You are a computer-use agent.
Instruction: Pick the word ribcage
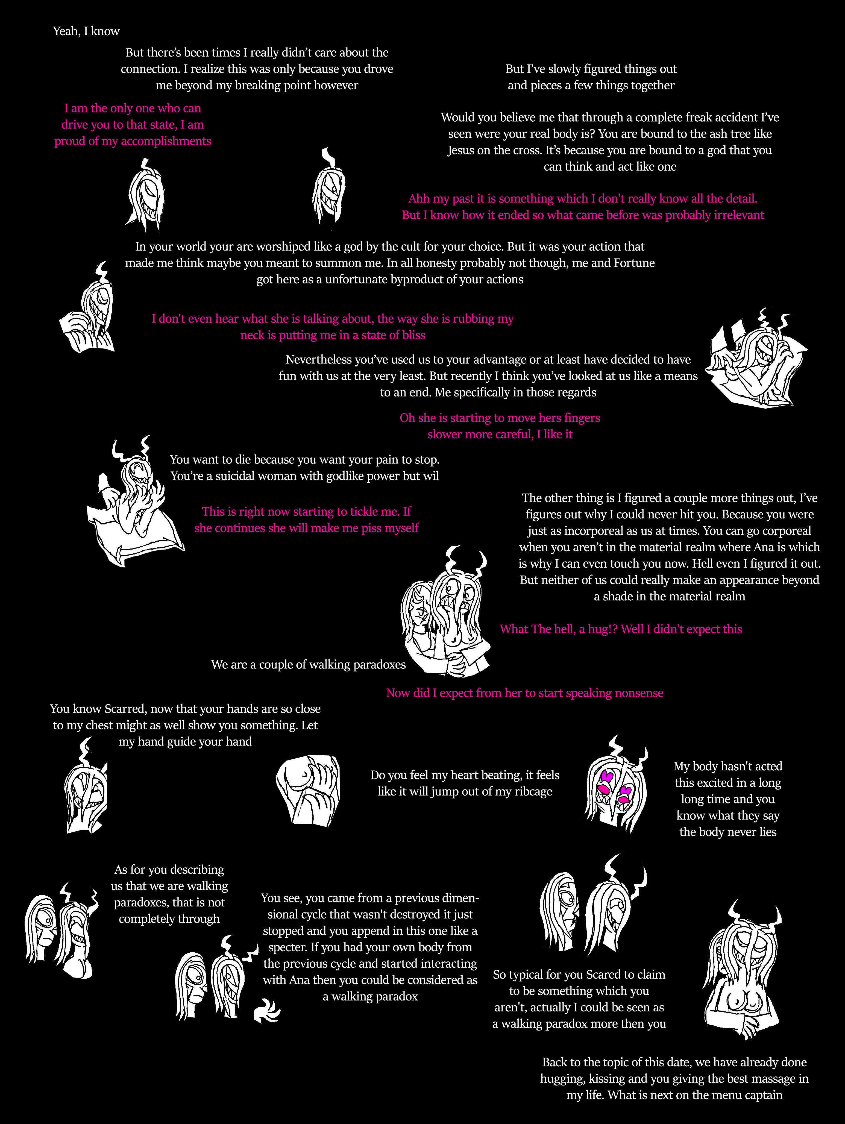tap(533, 792)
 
